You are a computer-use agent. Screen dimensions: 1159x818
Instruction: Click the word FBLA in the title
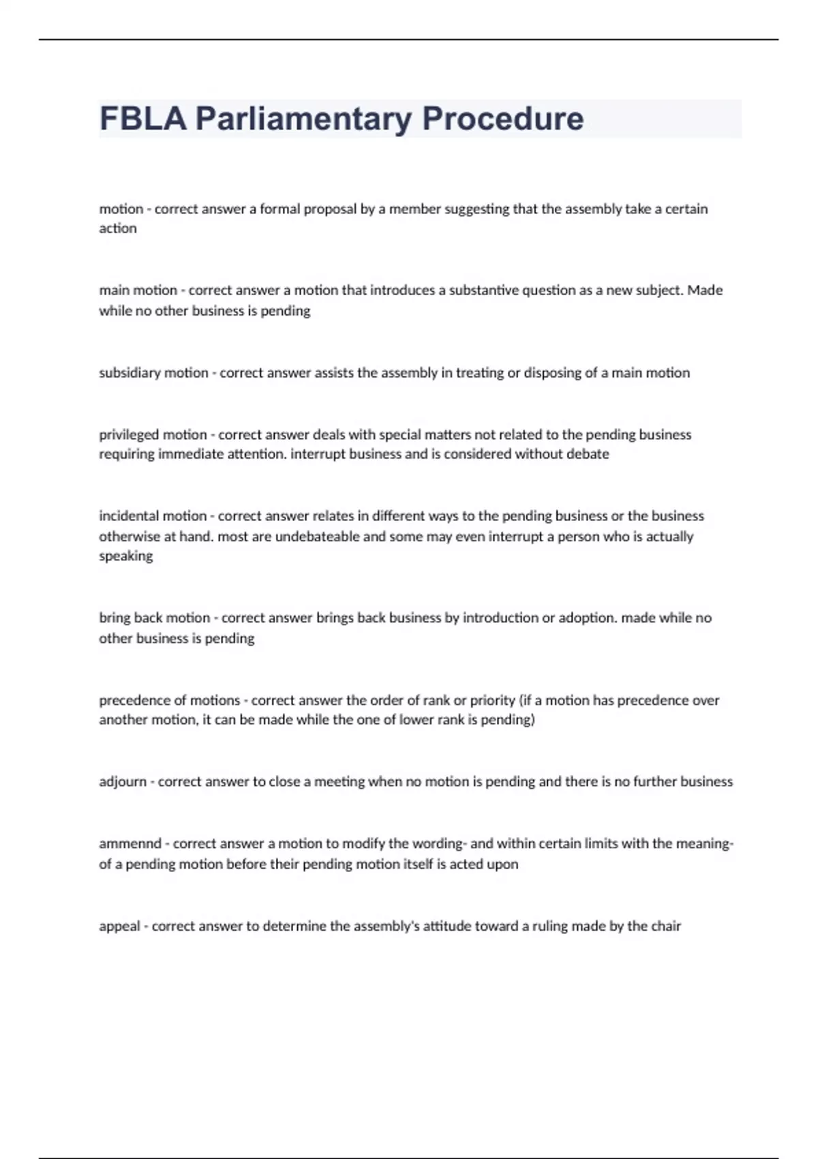click(x=142, y=119)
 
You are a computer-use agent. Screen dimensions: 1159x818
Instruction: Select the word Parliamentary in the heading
click(x=303, y=119)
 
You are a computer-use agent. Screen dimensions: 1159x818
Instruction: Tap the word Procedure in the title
click(x=502, y=119)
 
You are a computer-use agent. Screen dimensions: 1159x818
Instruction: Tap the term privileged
click(x=130, y=435)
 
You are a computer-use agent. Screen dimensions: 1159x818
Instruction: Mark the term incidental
click(x=129, y=516)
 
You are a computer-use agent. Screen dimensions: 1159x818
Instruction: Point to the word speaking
click(x=126, y=556)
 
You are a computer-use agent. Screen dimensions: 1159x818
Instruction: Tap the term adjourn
click(x=123, y=782)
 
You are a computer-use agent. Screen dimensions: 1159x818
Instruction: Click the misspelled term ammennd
click(x=130, y=844)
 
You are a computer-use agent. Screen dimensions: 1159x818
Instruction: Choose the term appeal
click(x=119, y=927)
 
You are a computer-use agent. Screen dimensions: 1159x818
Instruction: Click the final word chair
click(x=666, y=927)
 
